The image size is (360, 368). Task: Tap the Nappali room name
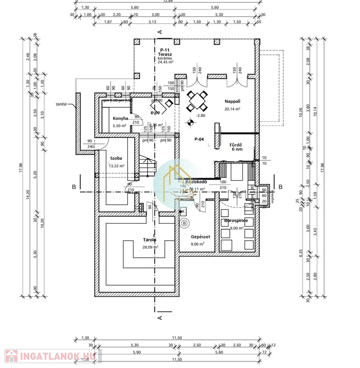point(232,102)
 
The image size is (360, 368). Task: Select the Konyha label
point(121,118)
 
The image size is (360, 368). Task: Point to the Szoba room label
point(116,158)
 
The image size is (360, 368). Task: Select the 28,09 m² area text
point(150,247)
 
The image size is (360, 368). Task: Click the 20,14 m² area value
point(232,109)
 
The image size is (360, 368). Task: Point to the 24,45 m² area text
point(166,62)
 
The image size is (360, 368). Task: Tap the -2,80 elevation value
point(201,115)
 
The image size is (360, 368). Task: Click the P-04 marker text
point(200,139)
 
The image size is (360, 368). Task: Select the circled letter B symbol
point(184,223)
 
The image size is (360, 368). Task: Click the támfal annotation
point(61,104)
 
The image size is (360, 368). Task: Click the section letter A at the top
point(160,32)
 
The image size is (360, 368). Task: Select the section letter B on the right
point(281,186)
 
